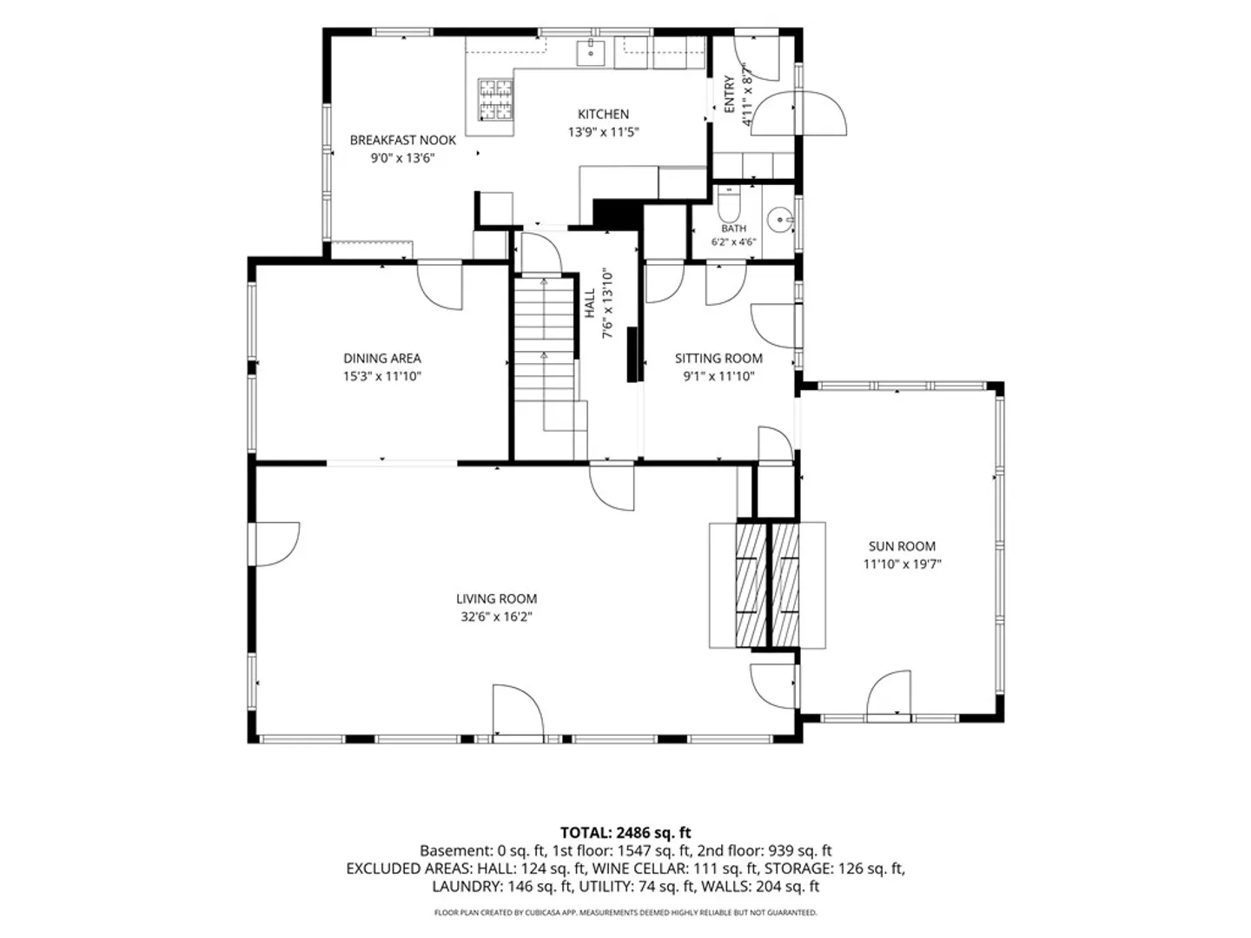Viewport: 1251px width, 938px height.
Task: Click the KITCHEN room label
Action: pyautogui.click(x=603, y=114)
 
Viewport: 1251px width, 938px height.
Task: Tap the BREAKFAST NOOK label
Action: pyautogui.click(x=402, y=140)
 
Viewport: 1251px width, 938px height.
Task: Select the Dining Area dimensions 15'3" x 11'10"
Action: pyautogui.click(x=382, y=376)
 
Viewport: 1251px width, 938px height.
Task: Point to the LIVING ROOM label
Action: pyautogui.click(x=496, y=598)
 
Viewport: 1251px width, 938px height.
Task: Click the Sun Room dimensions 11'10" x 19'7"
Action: pyautogui.click(x=902, y=564)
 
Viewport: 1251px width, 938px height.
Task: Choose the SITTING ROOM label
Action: pyautogui.click(x=718, y=358)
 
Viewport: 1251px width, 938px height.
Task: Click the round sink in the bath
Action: pyautogui.click(x=779, y=219)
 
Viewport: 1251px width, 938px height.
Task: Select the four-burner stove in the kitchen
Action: pyautogui.click(x=495, y=100)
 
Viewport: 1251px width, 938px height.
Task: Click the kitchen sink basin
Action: pyautogui.click(x=591, y=52)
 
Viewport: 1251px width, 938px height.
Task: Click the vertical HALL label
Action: pyautogui.click(x=590, y=303)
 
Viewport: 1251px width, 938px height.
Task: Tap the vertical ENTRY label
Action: pyautogui.click(x=729, y=94)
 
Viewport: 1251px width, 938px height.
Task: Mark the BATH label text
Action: pyautogui.click(x=733, y=228)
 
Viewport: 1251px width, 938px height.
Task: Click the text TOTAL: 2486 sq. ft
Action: pyautogui.click(x=625, y=833)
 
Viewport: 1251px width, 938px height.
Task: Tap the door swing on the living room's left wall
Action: pyautogui.click(x=276, y=545)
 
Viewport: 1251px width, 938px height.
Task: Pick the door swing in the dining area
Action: pyautogui.click(x=440, y=287)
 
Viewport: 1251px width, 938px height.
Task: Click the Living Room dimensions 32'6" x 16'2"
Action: pyautogui.click(x=496, y=617)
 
